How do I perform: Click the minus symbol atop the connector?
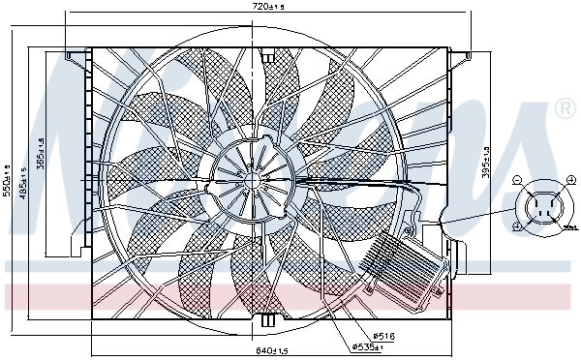point(518,181)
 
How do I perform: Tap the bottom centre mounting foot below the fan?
point(268,318)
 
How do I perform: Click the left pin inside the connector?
point(535,205)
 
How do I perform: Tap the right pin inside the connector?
point(554,205)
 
